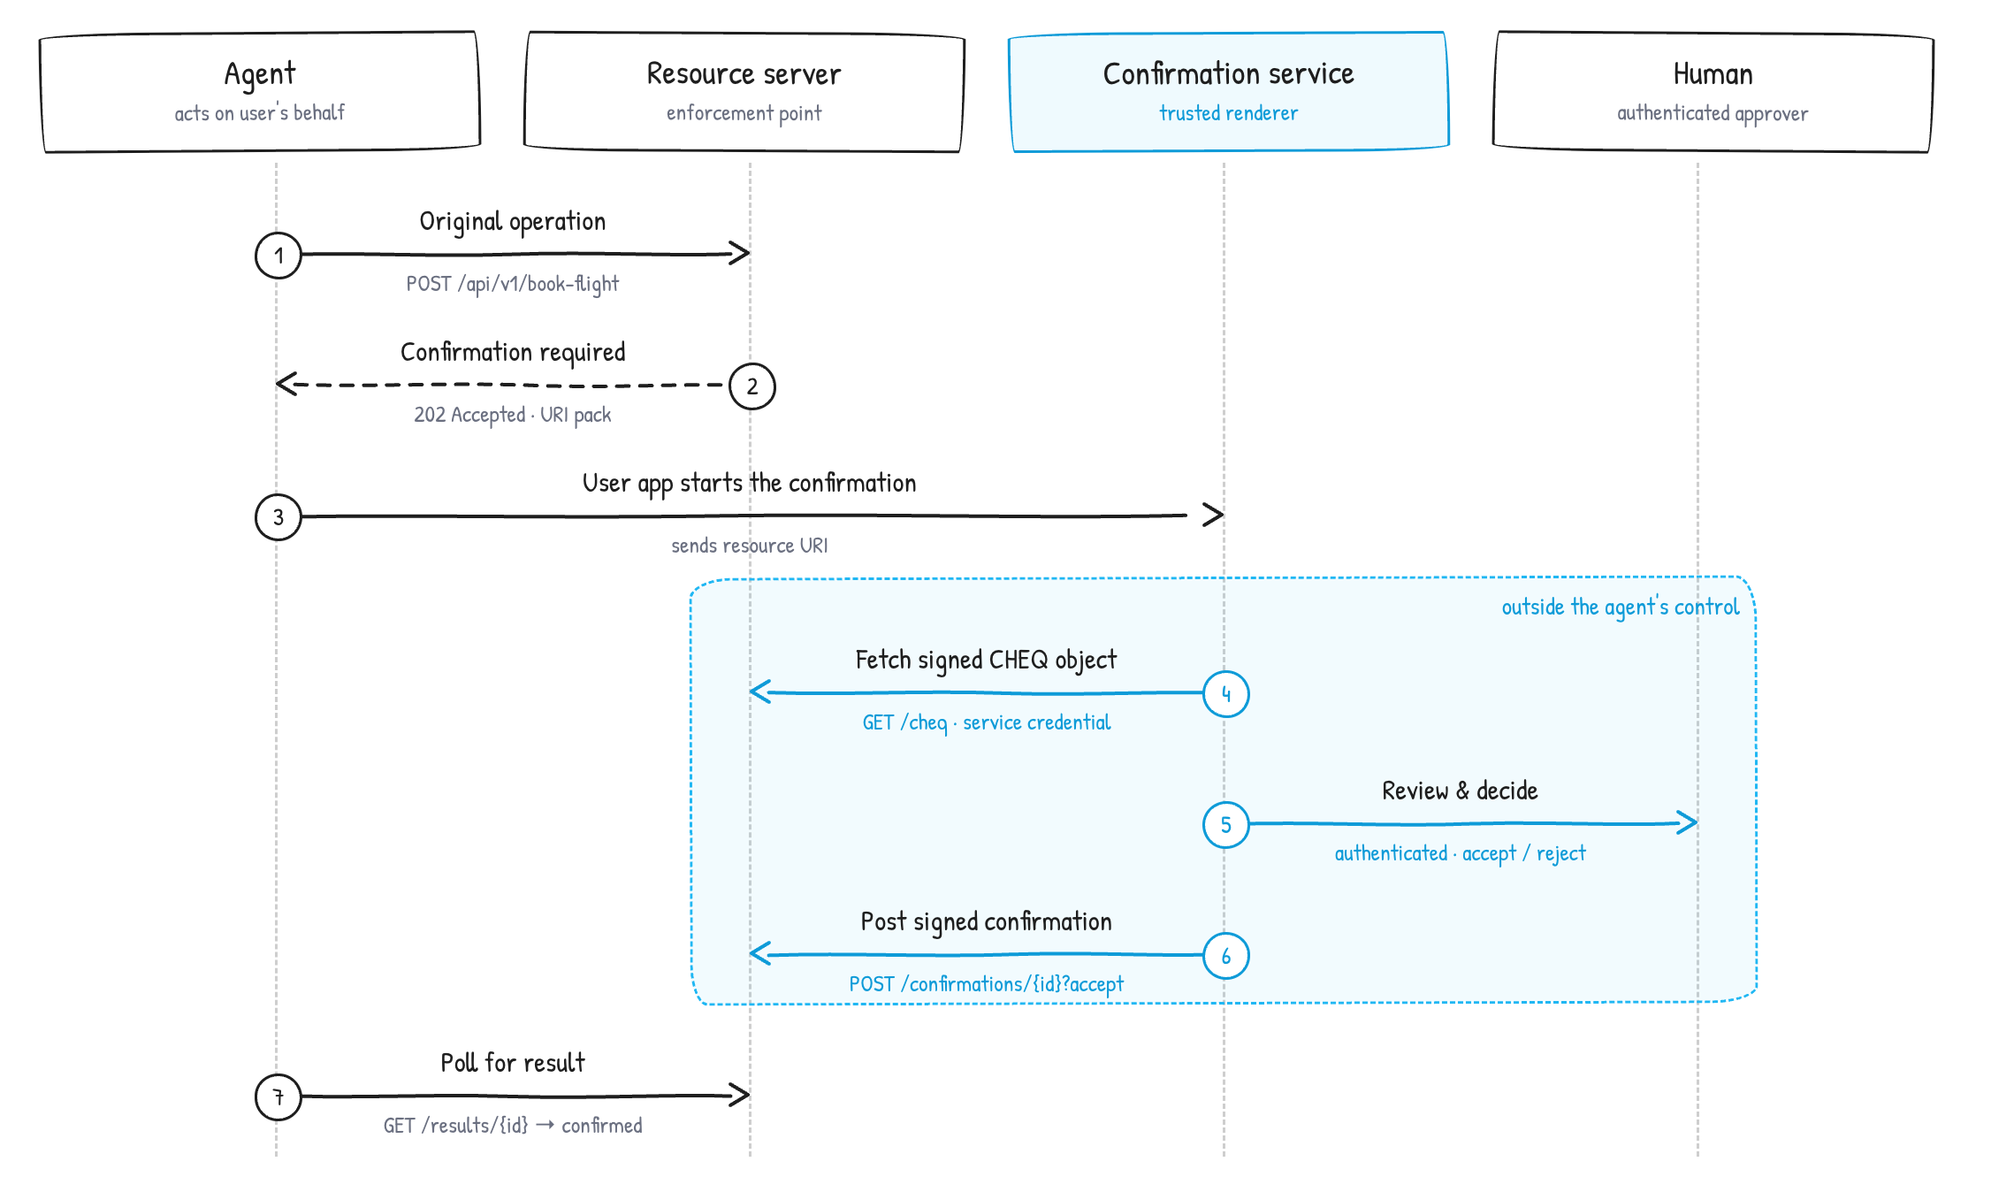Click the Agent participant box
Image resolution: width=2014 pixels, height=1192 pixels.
click(260, 92)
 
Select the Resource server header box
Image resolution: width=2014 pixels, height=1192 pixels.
click(744, 92)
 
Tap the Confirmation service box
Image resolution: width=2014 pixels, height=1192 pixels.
click(1228, 92)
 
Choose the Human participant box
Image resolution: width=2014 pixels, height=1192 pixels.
click(1713, 92)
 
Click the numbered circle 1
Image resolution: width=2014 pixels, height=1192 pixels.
click(278, 256)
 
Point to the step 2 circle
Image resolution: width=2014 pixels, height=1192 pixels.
click(752, 386)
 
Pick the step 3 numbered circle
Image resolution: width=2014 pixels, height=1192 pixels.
click(278, 517)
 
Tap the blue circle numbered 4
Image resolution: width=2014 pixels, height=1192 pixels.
click(1226, 694)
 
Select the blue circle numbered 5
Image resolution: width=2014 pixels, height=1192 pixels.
click(1226, 825)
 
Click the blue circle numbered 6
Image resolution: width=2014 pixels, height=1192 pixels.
click(1226, 956)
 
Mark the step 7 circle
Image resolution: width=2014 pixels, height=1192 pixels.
click(278, 1097)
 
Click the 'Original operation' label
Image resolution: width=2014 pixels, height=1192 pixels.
click(513, 221)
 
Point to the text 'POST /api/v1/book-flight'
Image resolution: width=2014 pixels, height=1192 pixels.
click(513, 284)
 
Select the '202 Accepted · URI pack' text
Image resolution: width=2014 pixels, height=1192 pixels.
click(513, 415)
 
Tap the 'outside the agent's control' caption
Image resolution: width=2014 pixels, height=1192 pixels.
click(1620, 607)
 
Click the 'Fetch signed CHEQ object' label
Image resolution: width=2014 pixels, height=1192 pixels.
click(986, 660)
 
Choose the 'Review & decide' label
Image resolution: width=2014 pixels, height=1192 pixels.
click(1460, 791)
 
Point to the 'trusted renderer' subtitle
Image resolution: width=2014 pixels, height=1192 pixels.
click(1228, 113)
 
